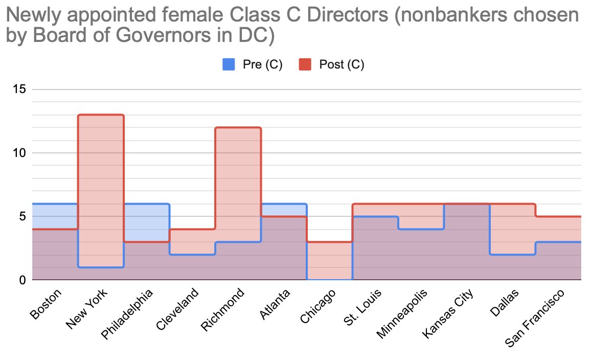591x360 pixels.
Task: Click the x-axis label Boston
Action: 46,304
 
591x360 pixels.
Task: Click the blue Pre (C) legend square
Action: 228,64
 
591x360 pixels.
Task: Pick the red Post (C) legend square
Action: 305,64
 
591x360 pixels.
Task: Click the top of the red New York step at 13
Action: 101,115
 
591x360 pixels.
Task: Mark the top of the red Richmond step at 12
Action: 238,127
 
